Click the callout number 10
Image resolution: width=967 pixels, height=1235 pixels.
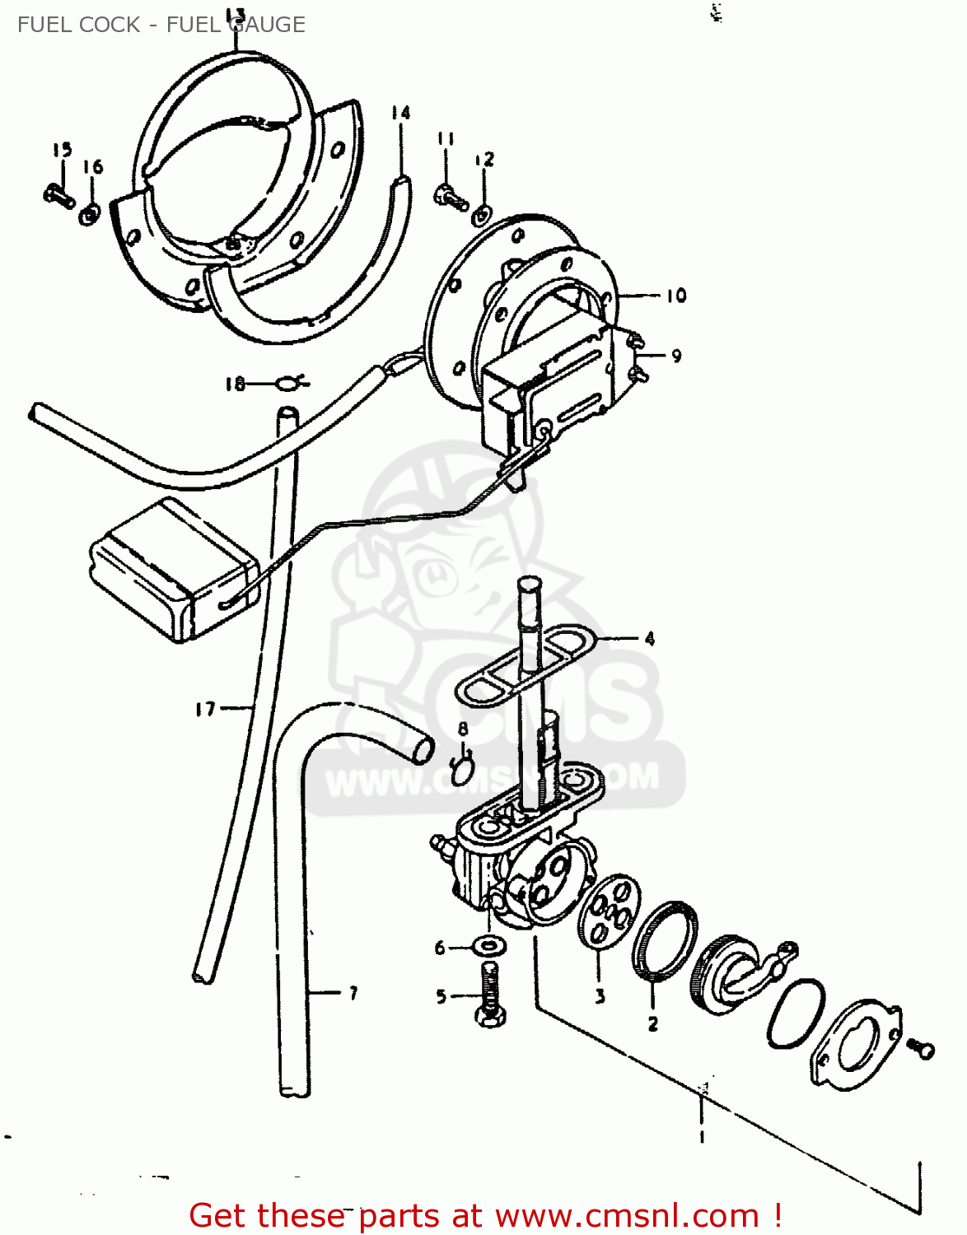point(676,296)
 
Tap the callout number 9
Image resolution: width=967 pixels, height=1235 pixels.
point(676,356)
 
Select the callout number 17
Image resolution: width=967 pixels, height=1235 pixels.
point(205,709)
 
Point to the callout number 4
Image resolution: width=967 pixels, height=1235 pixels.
point(650,638)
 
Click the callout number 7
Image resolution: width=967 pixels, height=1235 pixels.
point(353,993)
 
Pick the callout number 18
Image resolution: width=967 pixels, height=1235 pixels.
point(235,384)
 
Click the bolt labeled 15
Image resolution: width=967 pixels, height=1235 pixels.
point(58,195)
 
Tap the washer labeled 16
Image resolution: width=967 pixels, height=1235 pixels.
point(90,215)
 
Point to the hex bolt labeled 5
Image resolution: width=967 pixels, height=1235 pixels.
point(489,995)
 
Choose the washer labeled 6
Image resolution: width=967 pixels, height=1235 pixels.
point(490,944)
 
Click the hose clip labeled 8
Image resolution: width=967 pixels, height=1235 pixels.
point(462,769)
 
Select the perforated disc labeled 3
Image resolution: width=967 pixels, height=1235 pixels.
point(608,911)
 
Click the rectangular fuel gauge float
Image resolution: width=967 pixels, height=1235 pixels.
point(173,568)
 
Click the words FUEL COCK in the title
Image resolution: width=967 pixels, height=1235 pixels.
point(78,25)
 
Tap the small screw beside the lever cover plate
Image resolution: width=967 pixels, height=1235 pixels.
point(921,1048)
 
